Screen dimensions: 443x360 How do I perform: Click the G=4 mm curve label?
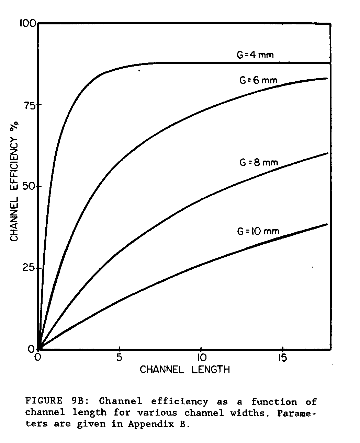[x=255, y=55]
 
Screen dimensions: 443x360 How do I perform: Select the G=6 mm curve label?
[x=258, y=81]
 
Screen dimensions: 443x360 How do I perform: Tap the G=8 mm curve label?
[x=258, y=162]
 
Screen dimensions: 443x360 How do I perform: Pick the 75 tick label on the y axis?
[x=30, y=105]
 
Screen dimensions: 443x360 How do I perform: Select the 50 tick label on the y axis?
[x=30, y=187]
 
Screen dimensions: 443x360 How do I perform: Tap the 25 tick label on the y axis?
[x=30, y=268]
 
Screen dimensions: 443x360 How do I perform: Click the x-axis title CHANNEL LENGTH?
[x=184, y=370]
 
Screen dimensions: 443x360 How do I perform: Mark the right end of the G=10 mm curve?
[x=327, y=224]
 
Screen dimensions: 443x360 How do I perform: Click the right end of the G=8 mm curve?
[x=327, y=153]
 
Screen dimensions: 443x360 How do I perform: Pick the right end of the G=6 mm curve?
[x=327, y=79]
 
